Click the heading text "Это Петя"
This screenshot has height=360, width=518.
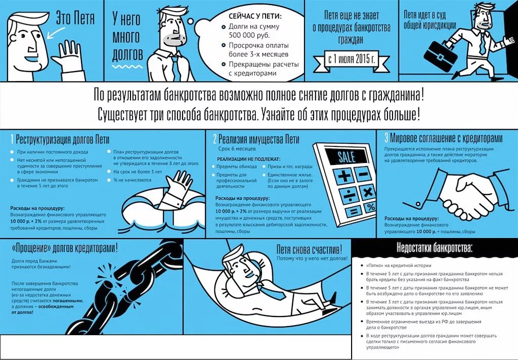(x=75, y=19)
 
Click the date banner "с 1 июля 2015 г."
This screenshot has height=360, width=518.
(x=351, y=60)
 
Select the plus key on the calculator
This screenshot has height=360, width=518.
(x=343, y=176)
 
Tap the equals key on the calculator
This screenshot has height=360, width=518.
(x=354, y=211)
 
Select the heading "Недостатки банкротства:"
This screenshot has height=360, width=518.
(x=435, y=248)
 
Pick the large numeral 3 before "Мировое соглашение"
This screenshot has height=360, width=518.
(x=386, y=138)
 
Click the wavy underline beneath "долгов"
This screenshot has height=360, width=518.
(x=127, y=67)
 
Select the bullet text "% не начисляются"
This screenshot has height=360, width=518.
(x=132, y=180)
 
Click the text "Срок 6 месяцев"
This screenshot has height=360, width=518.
(x=237, y=149)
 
